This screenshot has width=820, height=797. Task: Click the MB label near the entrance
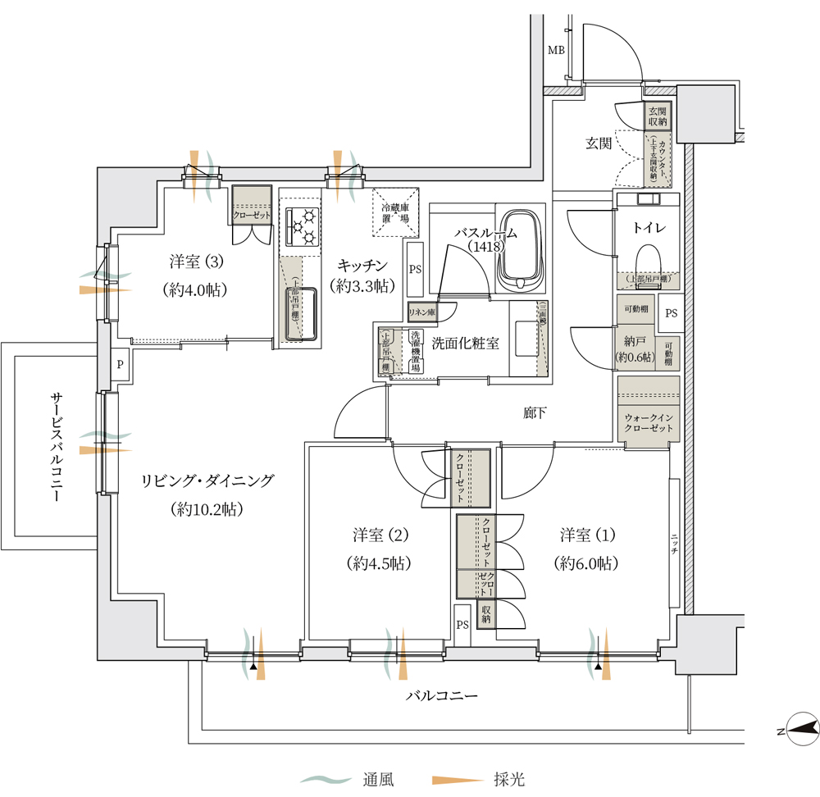point(557,51)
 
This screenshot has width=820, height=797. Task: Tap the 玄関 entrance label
point(599,143)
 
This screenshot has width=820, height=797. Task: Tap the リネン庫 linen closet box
point(421,312)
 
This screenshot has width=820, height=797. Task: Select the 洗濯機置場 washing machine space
point(415,352)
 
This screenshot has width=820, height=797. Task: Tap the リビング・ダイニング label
point(207,481)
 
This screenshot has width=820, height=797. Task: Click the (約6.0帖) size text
point(585,563)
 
